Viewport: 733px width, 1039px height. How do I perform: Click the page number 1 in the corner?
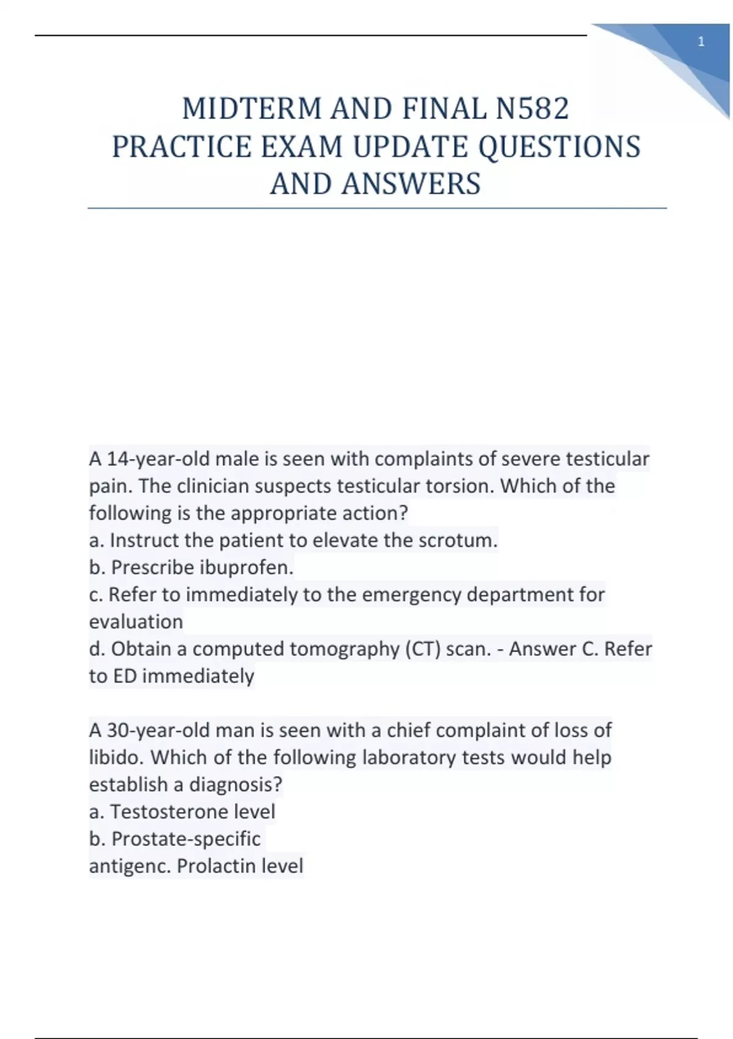[701, 42]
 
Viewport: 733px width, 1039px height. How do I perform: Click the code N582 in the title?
[532, 109]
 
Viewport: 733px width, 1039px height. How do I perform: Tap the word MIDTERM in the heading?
[252, 109]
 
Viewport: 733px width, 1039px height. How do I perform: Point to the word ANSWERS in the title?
[411, 184]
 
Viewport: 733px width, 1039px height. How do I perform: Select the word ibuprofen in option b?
[246, 568]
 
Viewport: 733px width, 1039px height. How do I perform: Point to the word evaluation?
[136, 622]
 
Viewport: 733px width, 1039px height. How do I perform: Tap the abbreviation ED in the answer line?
[125, 676]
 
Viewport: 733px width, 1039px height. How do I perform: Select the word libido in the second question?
[115, 757]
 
